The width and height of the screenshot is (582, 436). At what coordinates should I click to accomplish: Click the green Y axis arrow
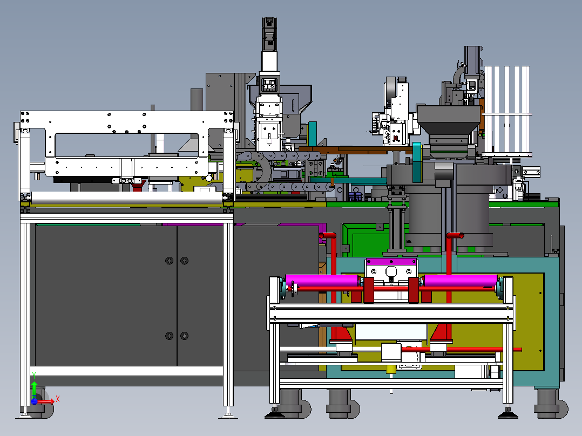(x=34, y=388)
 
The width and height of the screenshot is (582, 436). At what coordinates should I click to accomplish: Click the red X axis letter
(x=58, y=399)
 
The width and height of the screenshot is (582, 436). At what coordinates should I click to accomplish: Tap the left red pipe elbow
(x=327, y=236)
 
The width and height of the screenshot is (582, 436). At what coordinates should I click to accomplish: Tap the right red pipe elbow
(x=455, y=236)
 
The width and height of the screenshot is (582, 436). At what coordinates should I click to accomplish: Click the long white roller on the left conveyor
(x=127, y=197)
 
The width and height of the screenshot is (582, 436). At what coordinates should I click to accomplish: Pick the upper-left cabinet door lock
(x=170, y=261)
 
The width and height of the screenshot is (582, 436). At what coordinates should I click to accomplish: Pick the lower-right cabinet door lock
(x=184, y=336)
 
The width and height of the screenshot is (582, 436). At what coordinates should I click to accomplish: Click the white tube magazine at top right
(x=507, y=111)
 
